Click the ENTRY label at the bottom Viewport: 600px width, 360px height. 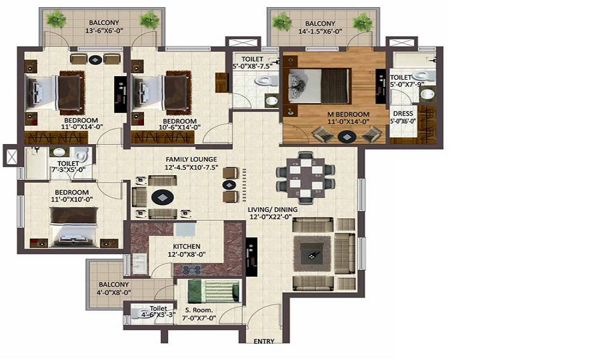pos(264,341)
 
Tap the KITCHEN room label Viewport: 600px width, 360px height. pos(186,247)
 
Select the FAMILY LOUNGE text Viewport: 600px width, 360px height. pos(191,160)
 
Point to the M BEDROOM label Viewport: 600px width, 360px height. pos(348,114)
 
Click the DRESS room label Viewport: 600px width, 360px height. pos(403,113)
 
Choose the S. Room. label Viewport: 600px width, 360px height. pos(199,311)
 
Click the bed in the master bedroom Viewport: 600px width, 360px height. pos(318,85)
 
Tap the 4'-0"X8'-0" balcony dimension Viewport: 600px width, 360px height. pos(115,292)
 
